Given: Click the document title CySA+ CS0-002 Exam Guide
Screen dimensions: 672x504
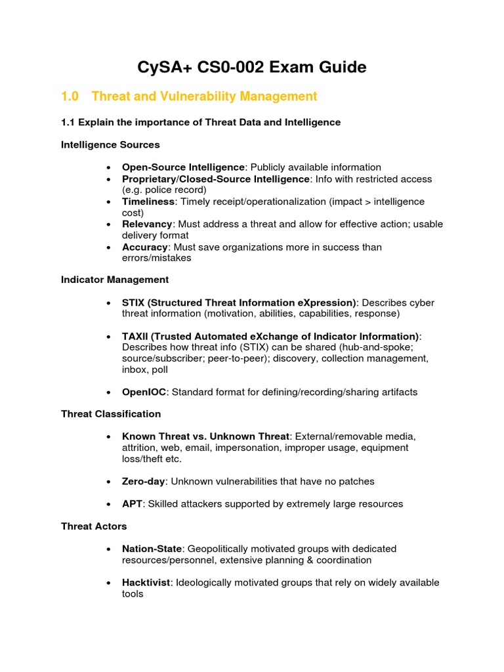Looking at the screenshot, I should click(x=252, y=67).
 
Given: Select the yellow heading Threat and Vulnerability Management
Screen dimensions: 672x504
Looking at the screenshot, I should click(x=204, y=96).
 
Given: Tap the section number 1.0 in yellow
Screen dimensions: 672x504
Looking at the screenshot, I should click(x=70, y=96).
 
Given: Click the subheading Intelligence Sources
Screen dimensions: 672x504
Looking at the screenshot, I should click(x=110, y=144).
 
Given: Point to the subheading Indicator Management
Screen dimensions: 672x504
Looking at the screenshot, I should click(x=115, y=280).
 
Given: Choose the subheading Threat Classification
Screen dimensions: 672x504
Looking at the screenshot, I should click(x=111, y=414).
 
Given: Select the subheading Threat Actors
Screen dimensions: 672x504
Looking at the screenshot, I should click(x=94, y=526).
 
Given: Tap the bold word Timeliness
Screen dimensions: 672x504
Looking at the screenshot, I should click(x=148, y=201).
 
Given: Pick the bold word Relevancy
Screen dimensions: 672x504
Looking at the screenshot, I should click(x=147, y=224).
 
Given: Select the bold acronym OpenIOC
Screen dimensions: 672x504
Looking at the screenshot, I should click(x=144, y=392).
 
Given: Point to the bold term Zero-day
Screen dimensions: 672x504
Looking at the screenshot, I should click(x=144, y=482).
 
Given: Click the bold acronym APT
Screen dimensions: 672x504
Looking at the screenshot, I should click(x=132, y=504).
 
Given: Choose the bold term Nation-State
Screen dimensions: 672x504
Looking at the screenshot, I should click(x=152, y=549).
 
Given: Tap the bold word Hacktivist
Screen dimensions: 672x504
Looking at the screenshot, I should click(x=146, y=583).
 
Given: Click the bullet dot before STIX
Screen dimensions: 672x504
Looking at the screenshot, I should click(x=108, y=303).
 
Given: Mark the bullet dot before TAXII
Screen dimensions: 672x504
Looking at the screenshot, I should click(x=108, y=337).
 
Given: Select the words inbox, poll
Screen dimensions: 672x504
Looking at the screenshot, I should click(x=145, y=369).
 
